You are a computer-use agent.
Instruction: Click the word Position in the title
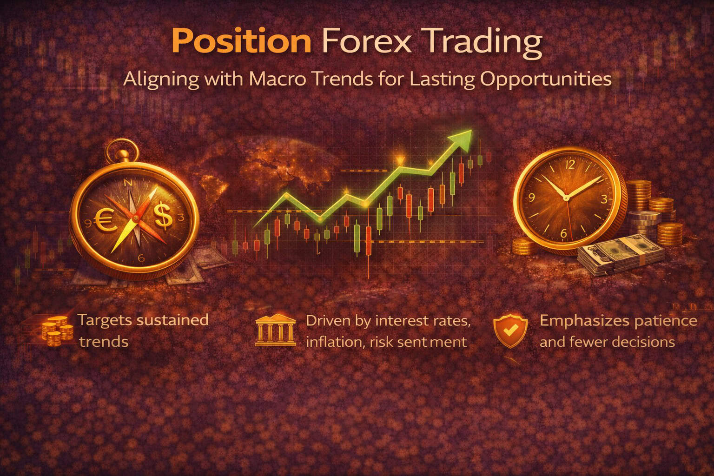point(241,41)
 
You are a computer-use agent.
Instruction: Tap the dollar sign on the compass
point(163,217)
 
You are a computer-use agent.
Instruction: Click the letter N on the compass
point(129,183)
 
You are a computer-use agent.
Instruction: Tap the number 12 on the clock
point(570,164)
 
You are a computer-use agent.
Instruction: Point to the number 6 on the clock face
point(564,233)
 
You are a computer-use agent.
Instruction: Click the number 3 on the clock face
point(604,200)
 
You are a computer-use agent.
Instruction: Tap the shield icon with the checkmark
point(510,331)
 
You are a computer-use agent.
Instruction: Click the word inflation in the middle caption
point(329,342)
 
